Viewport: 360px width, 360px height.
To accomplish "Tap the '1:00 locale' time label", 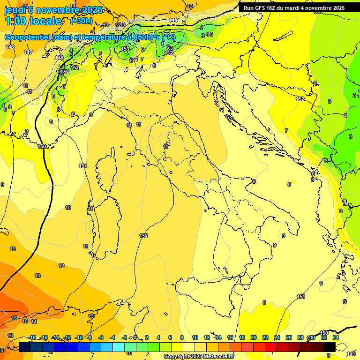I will [33, 21].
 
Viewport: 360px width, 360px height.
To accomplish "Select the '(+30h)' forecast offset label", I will [81, 21].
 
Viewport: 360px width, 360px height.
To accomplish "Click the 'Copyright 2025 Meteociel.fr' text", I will [199, 356].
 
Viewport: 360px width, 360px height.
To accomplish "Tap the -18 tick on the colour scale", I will [32, 337].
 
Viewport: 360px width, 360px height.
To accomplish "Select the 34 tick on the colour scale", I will [336, 337].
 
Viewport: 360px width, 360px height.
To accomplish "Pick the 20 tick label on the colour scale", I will [254, 337].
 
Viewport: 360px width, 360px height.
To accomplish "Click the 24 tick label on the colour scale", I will [277, 337].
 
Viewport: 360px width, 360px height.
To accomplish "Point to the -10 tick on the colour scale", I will [79, 337].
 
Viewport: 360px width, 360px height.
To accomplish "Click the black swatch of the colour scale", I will [329, 347].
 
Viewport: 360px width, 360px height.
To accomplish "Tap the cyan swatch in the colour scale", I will [119, 347].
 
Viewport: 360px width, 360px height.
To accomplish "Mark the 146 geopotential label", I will [10, 47].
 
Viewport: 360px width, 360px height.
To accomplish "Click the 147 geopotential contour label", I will [28, 52].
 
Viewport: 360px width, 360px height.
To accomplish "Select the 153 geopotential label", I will [125, 49].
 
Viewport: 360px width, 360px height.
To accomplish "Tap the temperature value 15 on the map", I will [25, 321].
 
